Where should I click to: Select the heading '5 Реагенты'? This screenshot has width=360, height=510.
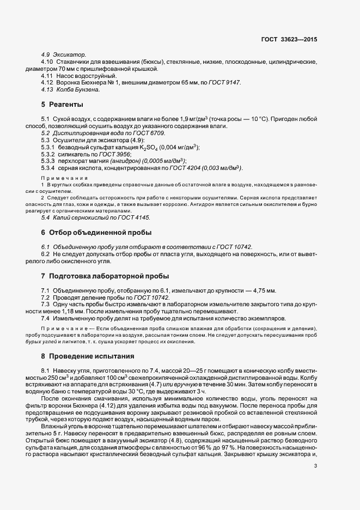click(63, 104)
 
